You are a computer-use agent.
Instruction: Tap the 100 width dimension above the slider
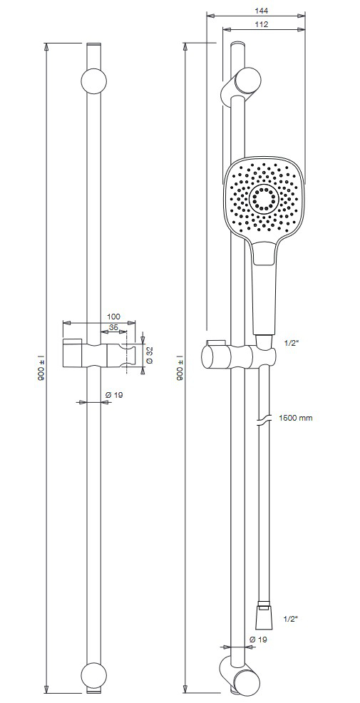[113, 316]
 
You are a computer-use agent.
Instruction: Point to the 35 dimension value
[114, 327]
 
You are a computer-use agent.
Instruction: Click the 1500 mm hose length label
[296, 418]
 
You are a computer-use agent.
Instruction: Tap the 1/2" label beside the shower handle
[290, 342]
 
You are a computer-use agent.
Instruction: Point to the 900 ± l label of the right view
[179, 368]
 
